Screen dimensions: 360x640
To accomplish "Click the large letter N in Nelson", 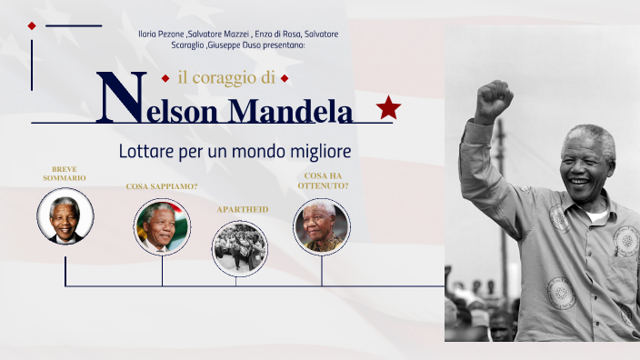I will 118,96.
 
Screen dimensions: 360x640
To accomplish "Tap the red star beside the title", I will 388,108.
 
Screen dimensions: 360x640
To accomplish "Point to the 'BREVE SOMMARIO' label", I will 65,174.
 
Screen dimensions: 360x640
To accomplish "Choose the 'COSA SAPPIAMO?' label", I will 162,186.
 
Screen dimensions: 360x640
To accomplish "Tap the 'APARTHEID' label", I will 242,209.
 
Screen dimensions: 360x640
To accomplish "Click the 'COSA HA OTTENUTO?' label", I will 323,180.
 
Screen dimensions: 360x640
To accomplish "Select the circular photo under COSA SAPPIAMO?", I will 162,227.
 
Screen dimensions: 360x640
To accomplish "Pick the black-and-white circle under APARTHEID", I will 240,247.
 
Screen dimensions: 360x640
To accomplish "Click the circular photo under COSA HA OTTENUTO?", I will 322,226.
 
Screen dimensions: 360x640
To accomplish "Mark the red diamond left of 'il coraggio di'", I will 165,78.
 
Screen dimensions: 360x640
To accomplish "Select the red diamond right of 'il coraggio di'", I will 285,78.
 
